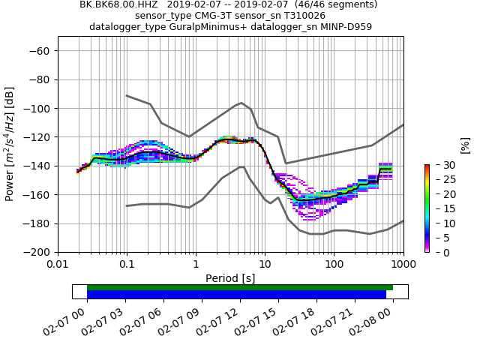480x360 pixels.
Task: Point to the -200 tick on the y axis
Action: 37,252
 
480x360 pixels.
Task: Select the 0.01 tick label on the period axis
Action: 58,265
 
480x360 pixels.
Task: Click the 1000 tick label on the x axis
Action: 403,265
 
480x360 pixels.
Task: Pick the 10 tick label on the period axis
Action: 265,265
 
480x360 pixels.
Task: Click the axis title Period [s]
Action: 230,278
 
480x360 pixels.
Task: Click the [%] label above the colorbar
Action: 464,145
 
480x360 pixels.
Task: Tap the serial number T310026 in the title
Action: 298,15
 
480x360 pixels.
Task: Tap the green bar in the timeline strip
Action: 240,287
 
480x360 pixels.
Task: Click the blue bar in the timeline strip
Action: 236,295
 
